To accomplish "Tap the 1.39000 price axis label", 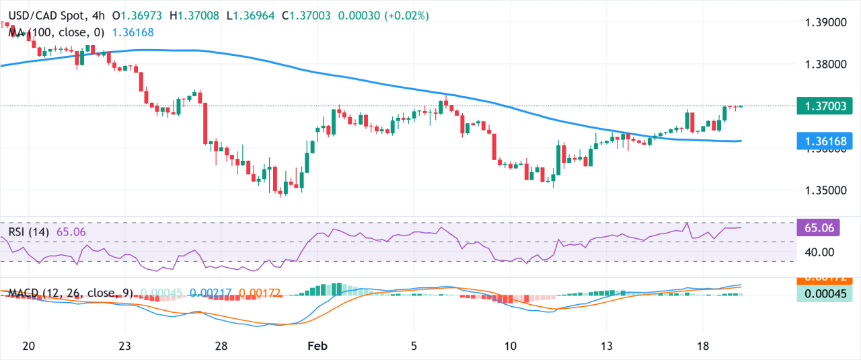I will click(x=826, y=22).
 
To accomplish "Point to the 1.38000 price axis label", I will click(x=826, y=65).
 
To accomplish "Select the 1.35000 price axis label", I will click(x=826, y=190).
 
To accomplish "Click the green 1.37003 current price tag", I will click(x=824, y=106).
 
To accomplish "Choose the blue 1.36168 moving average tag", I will click(x=824, y=141).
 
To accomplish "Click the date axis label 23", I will click(x=124, y=345).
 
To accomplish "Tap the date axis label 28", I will click(x=221, y=345).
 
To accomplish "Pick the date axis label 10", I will click(x=511, y=345).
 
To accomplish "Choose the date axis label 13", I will click(x=607, y=345).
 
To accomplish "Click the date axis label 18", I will click(x=704, y=345).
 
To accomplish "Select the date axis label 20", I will click(x=28, y=345).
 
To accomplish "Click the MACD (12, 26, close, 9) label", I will click(x=71, y=293).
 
